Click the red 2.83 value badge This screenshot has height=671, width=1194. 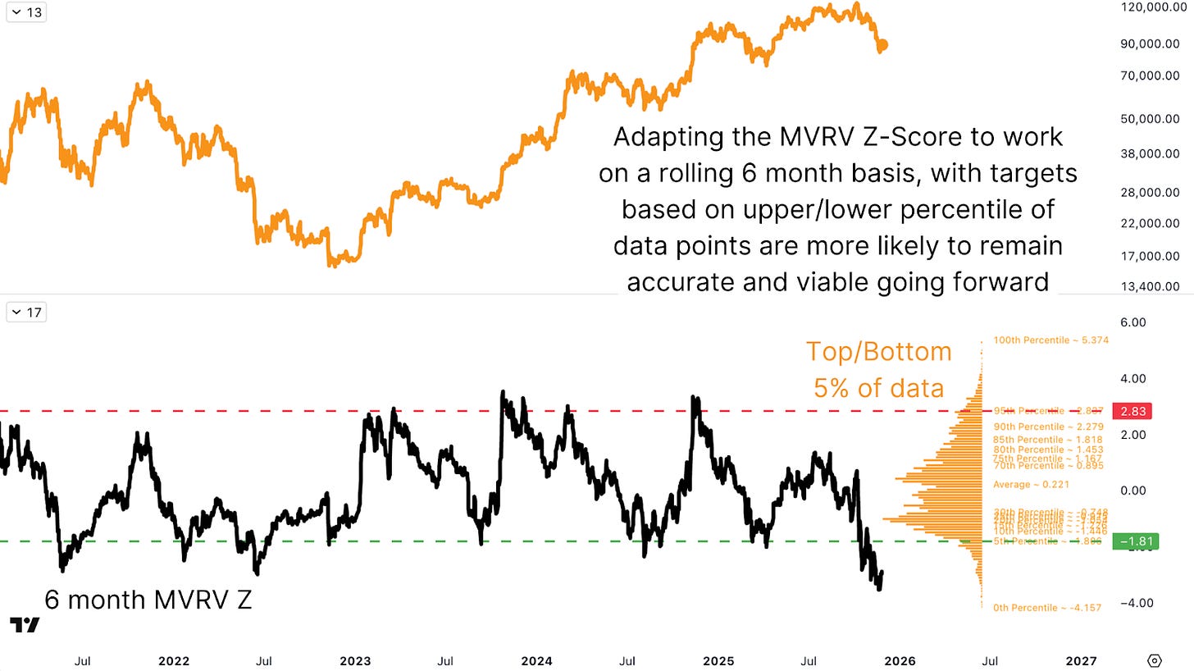pos(1132,411)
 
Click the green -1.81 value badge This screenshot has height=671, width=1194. pos(1132,541)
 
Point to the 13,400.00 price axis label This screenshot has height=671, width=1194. pos(1150,286)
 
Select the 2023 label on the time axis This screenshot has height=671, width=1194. pos(355,660)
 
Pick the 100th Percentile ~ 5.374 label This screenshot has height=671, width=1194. pos(1050,340)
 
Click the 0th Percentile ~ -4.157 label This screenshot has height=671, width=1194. pos(1047,608)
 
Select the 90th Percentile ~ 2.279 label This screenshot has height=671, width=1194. pos(1049,427)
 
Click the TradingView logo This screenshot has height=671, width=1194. pos(24,624)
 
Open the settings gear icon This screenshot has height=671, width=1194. pos(1155,660)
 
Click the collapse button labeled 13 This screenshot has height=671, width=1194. pos(26,13)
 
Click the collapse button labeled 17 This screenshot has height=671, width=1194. pos(26,313)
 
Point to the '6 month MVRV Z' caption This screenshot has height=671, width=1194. pos(148,600)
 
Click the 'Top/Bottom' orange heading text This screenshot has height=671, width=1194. pos(878,351)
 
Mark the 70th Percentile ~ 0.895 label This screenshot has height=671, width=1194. pos(1048,466)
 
